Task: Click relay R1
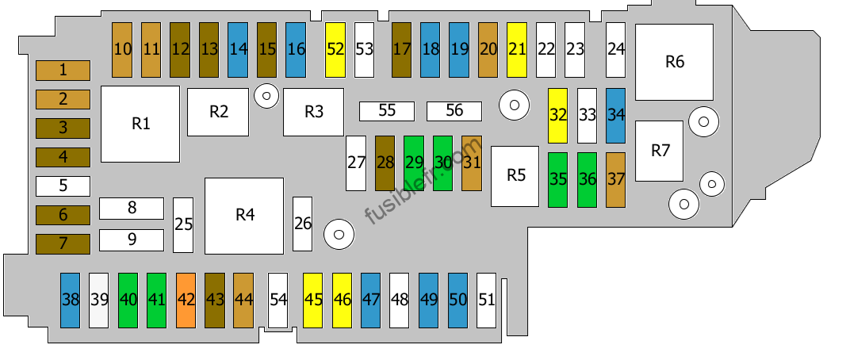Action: click(140, 124)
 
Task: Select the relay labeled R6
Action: click(675, 62)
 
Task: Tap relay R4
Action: click(244, 216)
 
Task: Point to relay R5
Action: click(515, 176)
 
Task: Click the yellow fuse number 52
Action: click(335, 50)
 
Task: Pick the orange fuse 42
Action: click(186, 300)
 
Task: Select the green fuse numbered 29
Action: click(414, 163)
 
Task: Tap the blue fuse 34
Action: click(615, 116)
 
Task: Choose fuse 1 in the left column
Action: click(63, 70)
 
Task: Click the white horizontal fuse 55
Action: click(387, 111)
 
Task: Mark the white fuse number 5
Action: click(63, 186)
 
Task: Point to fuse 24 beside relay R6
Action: click(615, 50)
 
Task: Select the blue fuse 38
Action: click(70, 300)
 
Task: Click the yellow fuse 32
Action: click(558, 116)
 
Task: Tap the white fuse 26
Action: click(303, 224)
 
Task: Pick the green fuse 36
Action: click(587, 180)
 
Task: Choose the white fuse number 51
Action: click(486, 300)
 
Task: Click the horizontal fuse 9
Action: click(132, 240)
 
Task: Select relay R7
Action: click(660, 151)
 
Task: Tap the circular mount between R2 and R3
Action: click(266, 96)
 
